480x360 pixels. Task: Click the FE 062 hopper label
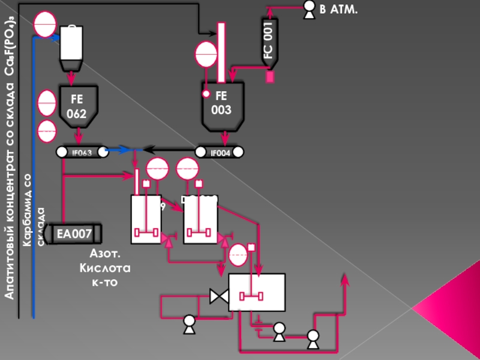pos(76,106)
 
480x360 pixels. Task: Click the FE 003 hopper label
pos(221,103)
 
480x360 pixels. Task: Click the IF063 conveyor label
pos(82,152)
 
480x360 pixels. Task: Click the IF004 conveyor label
pos(221,152)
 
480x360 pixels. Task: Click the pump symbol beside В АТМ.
pos(309,8)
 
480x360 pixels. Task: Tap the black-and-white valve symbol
pos(217,296)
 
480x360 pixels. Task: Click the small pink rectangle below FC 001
pos(270,77)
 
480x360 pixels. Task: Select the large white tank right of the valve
pos(257,292)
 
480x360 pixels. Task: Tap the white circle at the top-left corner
pos(45,24)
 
